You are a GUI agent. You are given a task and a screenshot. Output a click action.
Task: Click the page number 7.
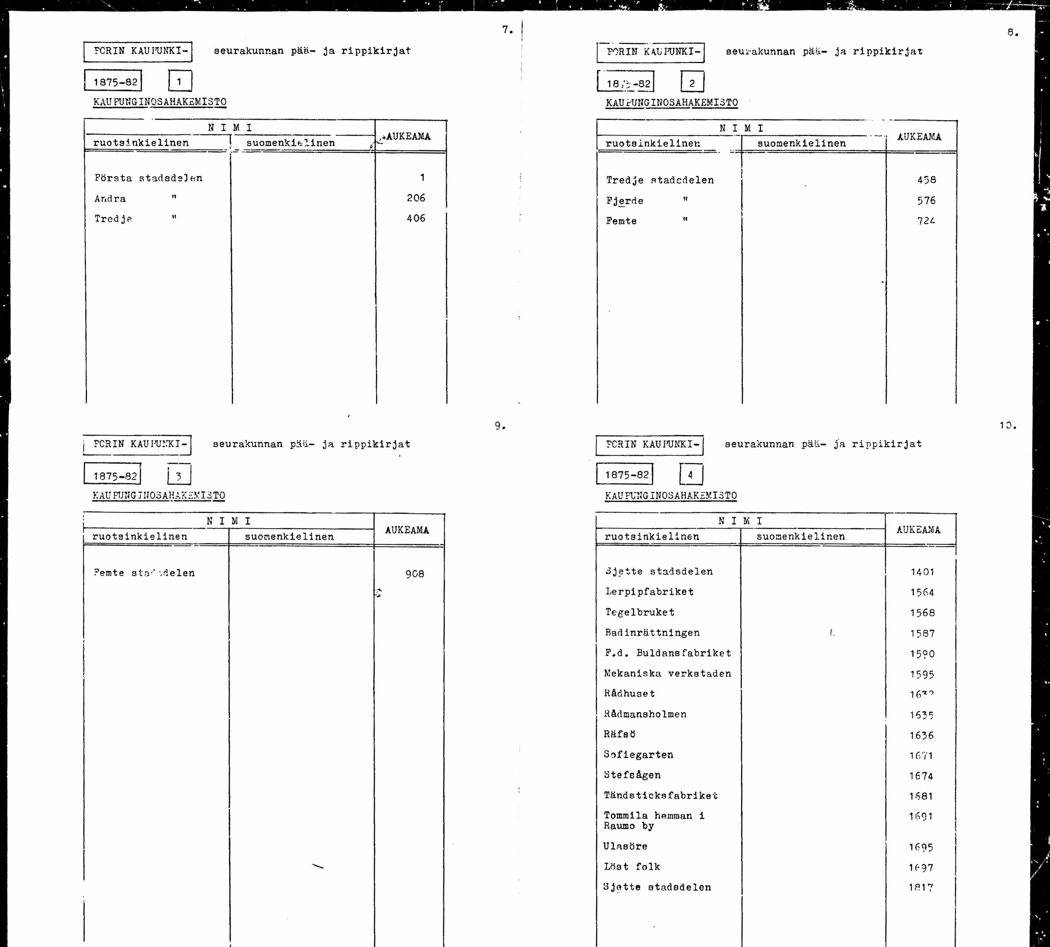[x=506, y=30]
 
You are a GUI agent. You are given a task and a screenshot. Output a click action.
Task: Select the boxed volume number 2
[x=692, y=83]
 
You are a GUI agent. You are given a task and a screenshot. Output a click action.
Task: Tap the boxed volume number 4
[x=691, y=475]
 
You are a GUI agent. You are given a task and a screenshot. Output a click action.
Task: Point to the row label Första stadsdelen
[x=148, y=178]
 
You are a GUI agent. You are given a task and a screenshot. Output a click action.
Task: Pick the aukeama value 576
[x=926, y=200]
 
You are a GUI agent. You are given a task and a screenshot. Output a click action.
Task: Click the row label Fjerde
[x=625, y=201]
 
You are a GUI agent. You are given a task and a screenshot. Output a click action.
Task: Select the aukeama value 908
[x=414, y=574]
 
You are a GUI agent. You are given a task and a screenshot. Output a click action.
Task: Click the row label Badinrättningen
[x=652, y=633]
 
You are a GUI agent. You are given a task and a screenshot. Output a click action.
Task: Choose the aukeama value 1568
[x=922, y=613]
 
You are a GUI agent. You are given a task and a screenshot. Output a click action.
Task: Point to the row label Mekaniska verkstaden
[x=667, y=673]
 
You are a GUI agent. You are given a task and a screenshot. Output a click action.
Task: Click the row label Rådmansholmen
[x=645, y=714]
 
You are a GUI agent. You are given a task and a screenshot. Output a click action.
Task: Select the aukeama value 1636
[x=922, y=735]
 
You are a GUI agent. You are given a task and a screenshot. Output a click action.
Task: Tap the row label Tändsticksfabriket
[x=661, y=796]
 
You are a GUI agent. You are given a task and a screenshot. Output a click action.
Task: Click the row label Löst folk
[x=632, y=867]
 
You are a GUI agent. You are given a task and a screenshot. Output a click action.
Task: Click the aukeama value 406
[x=416, y=219]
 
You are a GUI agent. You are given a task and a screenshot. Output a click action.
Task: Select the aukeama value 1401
[x=922, y=572]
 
